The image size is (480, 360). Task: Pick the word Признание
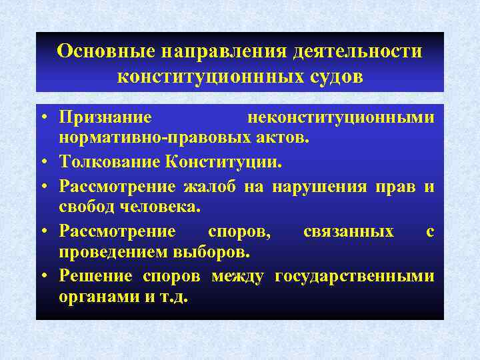[x=105, y=118]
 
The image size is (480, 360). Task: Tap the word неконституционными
[x=341, y=118]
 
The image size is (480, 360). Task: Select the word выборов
[x=209, y=252]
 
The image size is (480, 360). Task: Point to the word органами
[x=96, y=297]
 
